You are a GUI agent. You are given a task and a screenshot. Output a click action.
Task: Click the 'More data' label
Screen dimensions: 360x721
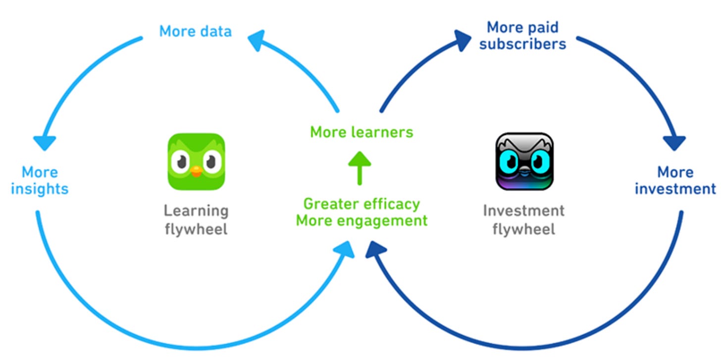pyautogui.click(x=195, y=32)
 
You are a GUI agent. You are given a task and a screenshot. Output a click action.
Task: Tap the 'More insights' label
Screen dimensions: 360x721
pyautogui.click(x=40, y=181)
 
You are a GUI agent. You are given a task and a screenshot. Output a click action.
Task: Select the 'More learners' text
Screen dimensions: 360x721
pyautogui.click(x=361, y=132)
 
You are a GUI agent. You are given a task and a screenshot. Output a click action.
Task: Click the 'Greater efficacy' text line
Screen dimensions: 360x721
pyautogui.click(x=361, y=204)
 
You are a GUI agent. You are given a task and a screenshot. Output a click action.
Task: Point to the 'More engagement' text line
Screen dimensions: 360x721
pyautogui.click(x=361, y=220)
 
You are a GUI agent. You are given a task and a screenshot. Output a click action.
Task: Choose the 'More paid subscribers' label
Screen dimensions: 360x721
pyautogui.click(x=522, y=35)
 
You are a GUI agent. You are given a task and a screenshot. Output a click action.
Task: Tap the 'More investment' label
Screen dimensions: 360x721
pyautogui.click(x=675, y=181)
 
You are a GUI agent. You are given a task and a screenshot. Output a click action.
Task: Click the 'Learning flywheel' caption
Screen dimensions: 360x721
pyautogui.click(x=196, y=220)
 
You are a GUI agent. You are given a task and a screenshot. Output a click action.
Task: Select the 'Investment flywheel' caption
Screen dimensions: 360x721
pyautogui.click(x=524, y=220)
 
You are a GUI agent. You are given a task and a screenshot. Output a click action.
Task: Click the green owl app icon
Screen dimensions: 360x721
pyautogui.click(x=196, y=161)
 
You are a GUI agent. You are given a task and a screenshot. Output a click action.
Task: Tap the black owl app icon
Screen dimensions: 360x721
pyautogui.click(x=524, y=161)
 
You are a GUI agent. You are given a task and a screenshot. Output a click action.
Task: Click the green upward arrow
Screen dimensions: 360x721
pyautogui.click(x=360, y=167)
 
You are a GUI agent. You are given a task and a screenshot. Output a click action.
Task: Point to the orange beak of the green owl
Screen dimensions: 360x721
pyautogui.click(x=196, y=171)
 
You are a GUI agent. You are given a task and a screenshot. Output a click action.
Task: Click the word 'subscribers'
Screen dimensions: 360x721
pyautogui.click(x=522, y=44)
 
